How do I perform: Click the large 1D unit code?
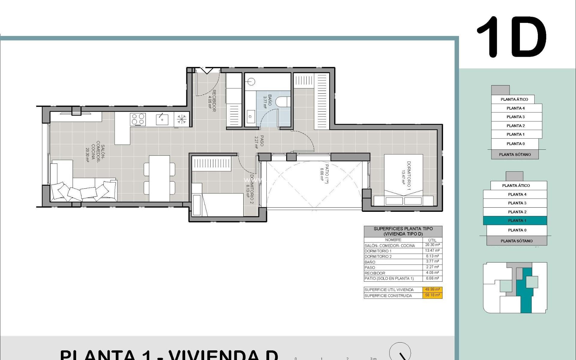[512, 37]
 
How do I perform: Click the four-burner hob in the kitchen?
[138, 119]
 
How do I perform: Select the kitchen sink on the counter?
[162, 119]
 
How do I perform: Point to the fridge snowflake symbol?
[181, 119]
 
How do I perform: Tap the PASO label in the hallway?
[259, 141]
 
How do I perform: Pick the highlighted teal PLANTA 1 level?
[515, 220]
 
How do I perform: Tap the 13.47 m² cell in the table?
[432, 250]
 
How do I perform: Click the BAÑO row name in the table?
[370, 262]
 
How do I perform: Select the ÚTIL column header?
[432, 240]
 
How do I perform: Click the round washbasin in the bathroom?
[251, 81]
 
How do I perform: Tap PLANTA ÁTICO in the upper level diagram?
[514, 99]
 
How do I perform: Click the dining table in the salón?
[159, 178]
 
